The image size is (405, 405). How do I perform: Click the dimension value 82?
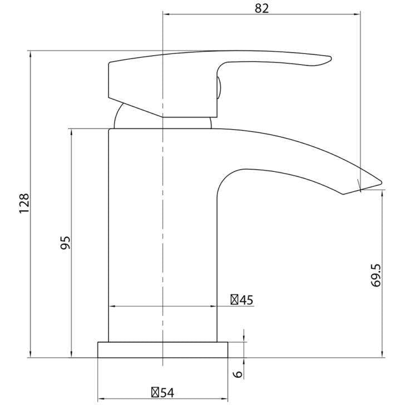point(261,8)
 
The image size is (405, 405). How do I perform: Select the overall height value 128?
point(24,204)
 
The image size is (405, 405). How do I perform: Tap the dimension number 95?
point(65,243)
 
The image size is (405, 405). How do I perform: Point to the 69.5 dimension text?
point(376,275)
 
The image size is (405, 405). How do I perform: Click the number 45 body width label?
point(246,300)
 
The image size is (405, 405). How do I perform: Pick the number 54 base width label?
point(167,393)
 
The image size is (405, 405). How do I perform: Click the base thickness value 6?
point(239,374)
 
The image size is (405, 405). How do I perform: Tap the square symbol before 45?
point(234,300)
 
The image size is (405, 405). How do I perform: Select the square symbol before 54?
point(155,393)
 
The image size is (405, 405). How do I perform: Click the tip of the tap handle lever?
point(330,58)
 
